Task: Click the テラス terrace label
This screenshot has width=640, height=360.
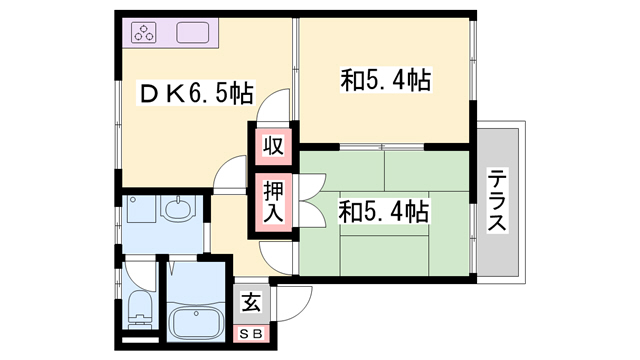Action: click(497, 203)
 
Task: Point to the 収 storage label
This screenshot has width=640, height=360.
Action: click(272, 146)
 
